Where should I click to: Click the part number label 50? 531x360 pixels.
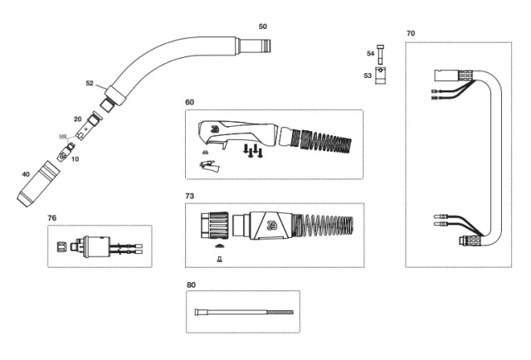[x=263, y=27]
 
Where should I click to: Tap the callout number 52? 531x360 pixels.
[x=90, y=84]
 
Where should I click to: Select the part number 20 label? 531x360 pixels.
[x=77, y=119]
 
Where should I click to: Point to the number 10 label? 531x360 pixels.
[x=75, y=158]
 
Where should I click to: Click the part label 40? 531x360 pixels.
[x=26, y=174]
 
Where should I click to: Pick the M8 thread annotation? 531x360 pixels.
[x=62, y=136]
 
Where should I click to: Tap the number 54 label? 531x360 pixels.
[x=371, y=53]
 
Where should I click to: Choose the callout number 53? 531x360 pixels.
[x=368, y=75]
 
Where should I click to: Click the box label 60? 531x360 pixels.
[x=190, y=102]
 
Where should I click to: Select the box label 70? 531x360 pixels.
[x=411, y=33]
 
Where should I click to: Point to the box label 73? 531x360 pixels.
[x=190, y=196]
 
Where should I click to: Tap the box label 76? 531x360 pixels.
[x=52, y=217]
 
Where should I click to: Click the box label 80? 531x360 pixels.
[x=191, y=285]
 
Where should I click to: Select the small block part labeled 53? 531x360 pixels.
[x=382, y=76]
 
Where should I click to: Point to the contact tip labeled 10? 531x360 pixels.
[x=63, y=153]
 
